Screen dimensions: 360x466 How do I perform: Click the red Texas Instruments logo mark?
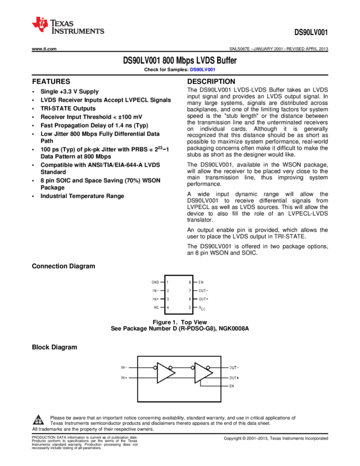[x=40, y=24]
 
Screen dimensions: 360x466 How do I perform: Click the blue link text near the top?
[x=203, y=70]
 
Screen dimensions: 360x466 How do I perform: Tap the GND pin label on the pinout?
[x=156, y=282]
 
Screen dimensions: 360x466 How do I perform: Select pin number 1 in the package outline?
[x=168, y=282]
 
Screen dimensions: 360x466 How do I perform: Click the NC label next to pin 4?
[x=156, y=308]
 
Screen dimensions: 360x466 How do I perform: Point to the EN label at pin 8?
[x=201, y=282]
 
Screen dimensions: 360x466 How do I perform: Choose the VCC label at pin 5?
[x=202, y=308]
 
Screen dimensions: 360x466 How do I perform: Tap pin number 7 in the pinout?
[x=190, y=291]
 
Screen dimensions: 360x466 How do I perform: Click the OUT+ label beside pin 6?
[x=203, y=299]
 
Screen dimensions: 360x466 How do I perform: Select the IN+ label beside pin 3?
[x=156, y=299]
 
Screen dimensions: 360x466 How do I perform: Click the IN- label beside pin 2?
[x=156, y=291]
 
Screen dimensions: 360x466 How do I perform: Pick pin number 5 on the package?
[x=190, y=308]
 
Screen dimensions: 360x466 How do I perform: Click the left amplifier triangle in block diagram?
[x=164, y=373]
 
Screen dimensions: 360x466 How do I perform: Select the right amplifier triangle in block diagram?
[x=202, y=373]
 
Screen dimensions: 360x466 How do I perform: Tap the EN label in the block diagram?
[x=232, y=386]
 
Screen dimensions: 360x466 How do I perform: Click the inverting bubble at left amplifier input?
[x=155, y=367]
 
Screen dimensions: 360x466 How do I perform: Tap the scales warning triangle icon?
[x=38, y=420]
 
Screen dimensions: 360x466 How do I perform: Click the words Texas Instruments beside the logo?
[x=77, y=27]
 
